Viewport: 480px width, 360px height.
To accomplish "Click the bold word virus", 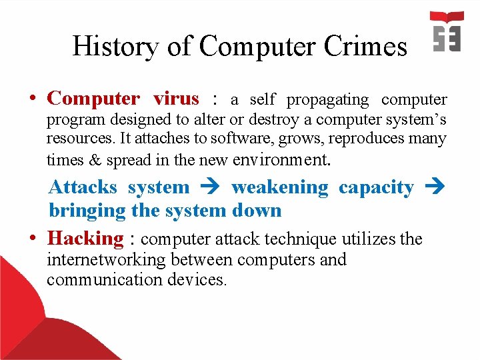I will [176, 99].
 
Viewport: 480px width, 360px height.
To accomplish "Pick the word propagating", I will [327, 100].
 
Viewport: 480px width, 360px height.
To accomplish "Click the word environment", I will [279, 160].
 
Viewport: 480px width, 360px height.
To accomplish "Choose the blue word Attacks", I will [83, 188].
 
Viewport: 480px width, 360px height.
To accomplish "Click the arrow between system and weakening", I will [210, 188].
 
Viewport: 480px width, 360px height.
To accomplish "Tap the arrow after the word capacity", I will [435, 188].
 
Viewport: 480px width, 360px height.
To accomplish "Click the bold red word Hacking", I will [85, 238].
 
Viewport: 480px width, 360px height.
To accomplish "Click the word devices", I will [197, 279].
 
